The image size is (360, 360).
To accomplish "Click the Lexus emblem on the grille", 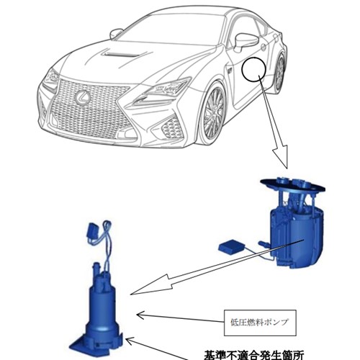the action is pos(83,98).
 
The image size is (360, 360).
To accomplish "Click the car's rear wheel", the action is pos(279,73).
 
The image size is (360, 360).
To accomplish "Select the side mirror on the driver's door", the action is pos(246,42).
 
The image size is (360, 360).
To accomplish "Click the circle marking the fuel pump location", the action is pos(253,69).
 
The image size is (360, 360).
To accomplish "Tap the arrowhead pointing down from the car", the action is pos(281,156).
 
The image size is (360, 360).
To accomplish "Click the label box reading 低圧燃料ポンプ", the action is pos(260,323).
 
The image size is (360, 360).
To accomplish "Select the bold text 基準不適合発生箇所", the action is pos(253,355).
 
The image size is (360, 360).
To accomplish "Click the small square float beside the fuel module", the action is pos(231,248).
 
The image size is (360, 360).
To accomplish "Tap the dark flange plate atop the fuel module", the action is pos(293,185).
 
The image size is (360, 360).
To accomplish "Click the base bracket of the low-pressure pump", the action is pos(96,343).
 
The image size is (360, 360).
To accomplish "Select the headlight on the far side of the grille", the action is pos(50,80).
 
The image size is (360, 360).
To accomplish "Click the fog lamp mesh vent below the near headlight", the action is pos(171,127).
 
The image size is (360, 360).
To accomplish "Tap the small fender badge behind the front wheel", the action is pos(228,71).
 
